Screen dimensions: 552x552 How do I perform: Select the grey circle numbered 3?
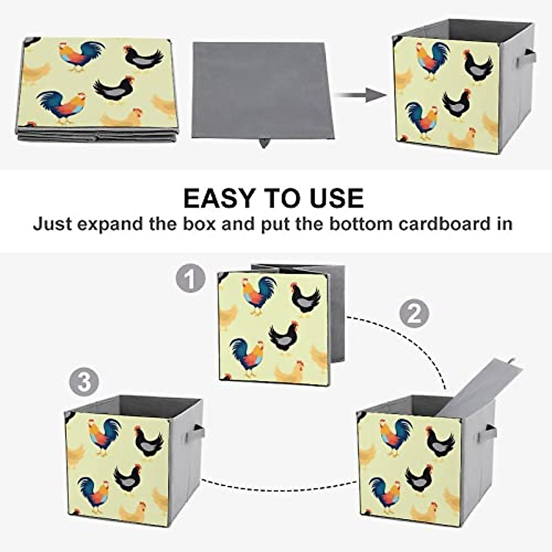point(84,382)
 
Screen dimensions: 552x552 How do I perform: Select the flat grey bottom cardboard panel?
point(262,90)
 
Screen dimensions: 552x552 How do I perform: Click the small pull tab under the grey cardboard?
point(264,143)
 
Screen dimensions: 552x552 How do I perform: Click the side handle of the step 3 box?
point(197,432)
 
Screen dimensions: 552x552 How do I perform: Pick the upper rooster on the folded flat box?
point(81,56)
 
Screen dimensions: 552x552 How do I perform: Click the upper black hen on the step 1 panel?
point(305,299)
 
